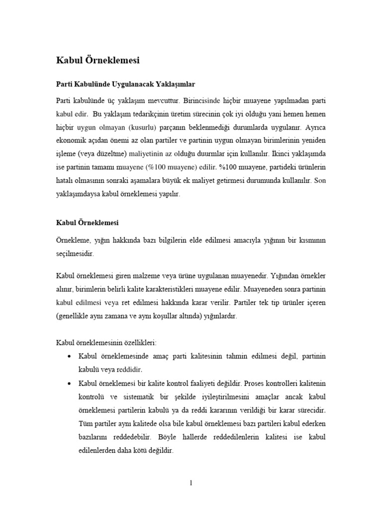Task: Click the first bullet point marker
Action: click(x=69, y=357)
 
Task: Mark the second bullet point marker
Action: click(x=69, y=383)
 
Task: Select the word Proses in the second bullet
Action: click(x=258, y=383)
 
